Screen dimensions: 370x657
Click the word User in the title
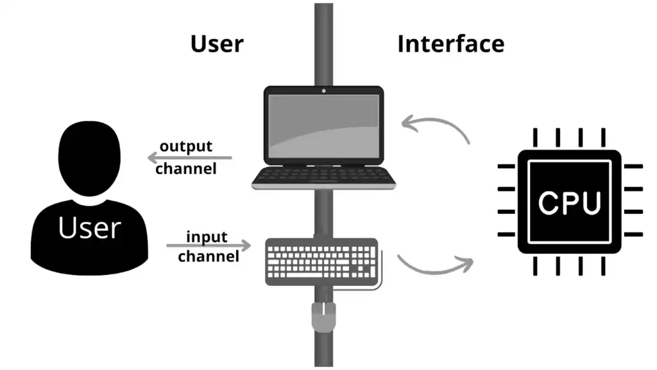(217, 44)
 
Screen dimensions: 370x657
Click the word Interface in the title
(450, 44)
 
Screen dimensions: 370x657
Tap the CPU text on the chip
(570, 203)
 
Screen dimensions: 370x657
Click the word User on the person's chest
(89, 228)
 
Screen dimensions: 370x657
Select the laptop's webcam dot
(323, 91)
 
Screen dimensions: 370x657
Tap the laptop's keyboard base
(323, 177)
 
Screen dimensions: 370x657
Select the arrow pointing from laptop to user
(189, 157)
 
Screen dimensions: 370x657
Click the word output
(185, 146)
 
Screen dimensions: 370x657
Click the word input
(207, 237)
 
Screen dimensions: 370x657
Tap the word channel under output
(185, 169)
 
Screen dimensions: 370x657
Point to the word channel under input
(209, 256)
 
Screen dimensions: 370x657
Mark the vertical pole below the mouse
(323, 350)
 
